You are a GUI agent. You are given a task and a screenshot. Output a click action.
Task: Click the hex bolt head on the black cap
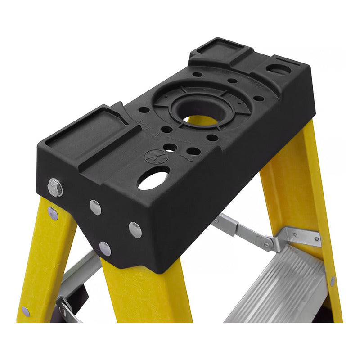[x=55, y=187]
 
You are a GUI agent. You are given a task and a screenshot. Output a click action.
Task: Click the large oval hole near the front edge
[x=153, y=178]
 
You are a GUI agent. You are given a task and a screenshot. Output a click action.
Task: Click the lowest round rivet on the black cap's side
[x=105, y=248]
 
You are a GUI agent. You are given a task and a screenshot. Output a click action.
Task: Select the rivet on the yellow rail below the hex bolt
[x=53, y=213]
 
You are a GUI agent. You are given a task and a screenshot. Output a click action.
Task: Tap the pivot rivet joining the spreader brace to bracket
[x=269, y=245]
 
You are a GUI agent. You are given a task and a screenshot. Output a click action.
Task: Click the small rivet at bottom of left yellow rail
[x=26, y=311]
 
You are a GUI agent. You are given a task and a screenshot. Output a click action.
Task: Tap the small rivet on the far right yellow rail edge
[x=332, y=281]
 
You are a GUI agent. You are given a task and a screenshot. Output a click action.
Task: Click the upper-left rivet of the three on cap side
[x=95, y=207]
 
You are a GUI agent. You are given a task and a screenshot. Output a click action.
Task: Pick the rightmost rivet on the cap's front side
[x=135, y=229]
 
